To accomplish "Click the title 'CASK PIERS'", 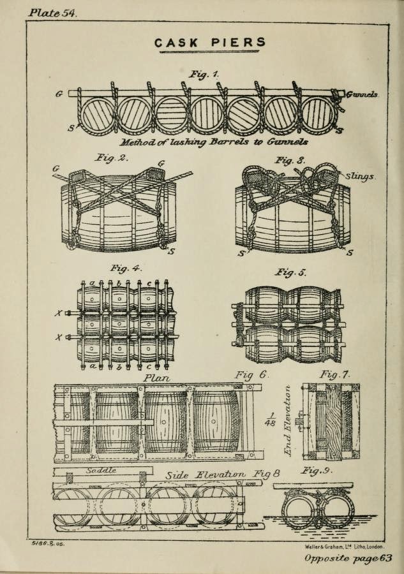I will point(210,43).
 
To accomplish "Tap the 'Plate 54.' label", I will point(52,13).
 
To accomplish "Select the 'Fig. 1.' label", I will point(204,75).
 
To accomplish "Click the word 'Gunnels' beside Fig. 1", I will point(361,94).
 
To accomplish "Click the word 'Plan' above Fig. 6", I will point(157,377).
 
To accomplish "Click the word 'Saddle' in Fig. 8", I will point(100,471).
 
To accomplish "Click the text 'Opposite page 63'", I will point(347,559).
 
